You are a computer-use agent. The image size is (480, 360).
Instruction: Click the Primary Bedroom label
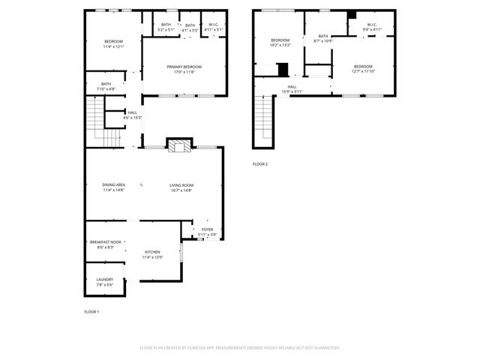click(184, 70)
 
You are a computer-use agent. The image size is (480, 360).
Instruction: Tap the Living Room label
click(181, 187)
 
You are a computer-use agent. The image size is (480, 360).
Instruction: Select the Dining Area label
click(114, 187)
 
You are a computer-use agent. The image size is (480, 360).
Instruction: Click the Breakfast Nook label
click(105, 244)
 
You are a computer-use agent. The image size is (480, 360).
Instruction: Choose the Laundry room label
click(104, 282)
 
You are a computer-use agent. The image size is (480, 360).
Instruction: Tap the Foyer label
click(207, 232)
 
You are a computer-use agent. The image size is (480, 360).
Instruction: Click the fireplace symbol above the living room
click(179, 146)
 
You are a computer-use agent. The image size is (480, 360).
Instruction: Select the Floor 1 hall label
click(132, 115)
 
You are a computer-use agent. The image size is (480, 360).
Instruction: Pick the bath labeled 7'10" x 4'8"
click(106, 86)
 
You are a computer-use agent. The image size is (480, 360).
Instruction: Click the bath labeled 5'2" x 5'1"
click(166, 28)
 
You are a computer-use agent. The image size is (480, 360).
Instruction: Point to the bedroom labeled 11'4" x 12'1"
click(113, 43)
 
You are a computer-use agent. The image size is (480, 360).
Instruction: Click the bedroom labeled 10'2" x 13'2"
click(280, 42)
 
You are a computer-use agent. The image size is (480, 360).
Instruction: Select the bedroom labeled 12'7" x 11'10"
click(363, 69)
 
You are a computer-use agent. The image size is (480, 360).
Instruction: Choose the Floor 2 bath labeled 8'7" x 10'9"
click(322, 38)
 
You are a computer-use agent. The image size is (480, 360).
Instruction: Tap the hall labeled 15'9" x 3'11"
click(292, 89)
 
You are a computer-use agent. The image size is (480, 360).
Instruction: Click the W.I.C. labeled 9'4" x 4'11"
click(372, 28)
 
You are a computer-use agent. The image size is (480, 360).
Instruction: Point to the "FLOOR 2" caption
click(259, 164)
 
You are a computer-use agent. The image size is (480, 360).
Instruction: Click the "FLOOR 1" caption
click(91, 311)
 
